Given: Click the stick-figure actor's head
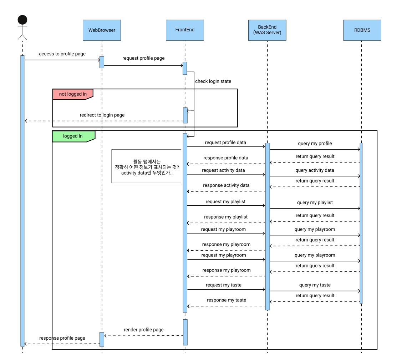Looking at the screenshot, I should point(22,20).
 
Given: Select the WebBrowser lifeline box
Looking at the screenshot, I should point(102,30).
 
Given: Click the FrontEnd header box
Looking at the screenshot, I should point(185,30).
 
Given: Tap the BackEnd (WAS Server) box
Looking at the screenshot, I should point(267,30).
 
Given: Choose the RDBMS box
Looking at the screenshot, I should point(362,30).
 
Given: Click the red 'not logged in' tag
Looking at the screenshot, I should point(72,94).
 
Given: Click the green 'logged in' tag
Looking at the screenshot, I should point(73,136).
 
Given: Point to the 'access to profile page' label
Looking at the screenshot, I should point(62,54).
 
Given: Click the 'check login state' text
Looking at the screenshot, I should point(213,81).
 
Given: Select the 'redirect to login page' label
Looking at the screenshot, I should point(102,115).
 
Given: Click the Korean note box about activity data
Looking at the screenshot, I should point(146,166).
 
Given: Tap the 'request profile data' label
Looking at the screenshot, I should point(225,142).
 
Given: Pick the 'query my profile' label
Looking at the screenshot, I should point(315,144).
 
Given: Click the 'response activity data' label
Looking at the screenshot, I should point(226,185).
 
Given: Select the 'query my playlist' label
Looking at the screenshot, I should point(315,202).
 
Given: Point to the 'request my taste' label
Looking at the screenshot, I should point(224,285).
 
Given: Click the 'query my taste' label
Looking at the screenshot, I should point(315,285).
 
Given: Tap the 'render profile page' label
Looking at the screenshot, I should point(144,330).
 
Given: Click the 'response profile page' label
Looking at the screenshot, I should point(62,338).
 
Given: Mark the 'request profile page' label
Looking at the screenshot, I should point(143,58).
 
